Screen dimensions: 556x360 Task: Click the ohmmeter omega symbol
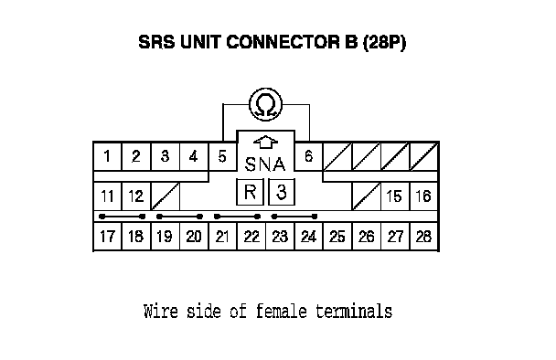(266, 104)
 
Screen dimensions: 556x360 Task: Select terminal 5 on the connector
(222, 156)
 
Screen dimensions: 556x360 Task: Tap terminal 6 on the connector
(309, 156)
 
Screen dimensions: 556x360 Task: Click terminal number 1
(107, 156)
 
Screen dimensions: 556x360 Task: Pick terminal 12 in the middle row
(136, 196)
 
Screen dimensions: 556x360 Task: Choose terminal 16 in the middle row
(423, 196)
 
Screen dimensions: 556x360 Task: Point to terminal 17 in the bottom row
(107, 237)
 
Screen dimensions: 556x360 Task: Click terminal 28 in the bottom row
(423, 237)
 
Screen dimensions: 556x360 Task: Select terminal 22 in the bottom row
(251, 237)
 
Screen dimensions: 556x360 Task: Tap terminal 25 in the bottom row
(337, 237)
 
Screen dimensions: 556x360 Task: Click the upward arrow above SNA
(265, 143)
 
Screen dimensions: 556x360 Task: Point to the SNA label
(265, 164)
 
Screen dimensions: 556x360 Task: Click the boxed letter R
(250, 192)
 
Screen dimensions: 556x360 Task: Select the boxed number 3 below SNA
(282, 192)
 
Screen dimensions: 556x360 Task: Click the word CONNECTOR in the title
(283, 42)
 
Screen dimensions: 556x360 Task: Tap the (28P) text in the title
(384, 43)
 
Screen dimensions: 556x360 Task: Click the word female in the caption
(281, 311)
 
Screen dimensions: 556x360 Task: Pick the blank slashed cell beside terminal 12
(166, 196)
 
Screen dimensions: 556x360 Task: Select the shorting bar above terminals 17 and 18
(123, 217)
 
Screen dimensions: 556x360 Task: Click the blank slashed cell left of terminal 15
(367, 196)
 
